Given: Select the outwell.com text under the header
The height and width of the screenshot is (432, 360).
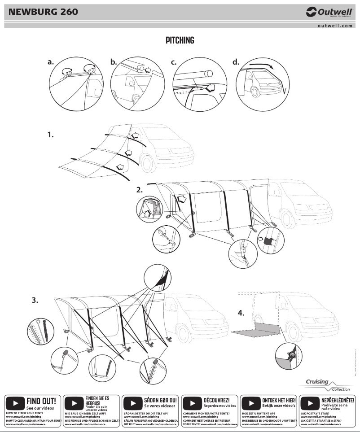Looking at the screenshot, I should pyautogui.click(x=335, y=26).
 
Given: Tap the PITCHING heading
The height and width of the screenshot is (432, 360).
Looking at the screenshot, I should pyautogui.click(x=180, y=40).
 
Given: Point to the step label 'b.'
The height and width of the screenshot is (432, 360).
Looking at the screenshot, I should pyautogui.click(x=114, y=62).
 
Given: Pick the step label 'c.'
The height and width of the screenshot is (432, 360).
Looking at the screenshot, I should pyautogui.click(x=174, y=62).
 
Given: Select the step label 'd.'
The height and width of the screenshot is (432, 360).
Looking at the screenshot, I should pyautogui.click(x=236, y=62).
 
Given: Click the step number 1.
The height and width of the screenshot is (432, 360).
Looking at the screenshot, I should pyautogui.click(x=51, y=134).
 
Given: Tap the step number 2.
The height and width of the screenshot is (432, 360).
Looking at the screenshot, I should pyautogui.click(x=140, y=190).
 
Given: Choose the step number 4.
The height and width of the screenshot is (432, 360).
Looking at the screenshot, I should pyautogui.click(x=241, y=313).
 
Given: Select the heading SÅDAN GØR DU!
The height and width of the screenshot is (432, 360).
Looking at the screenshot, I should pyautogui.click(x=161, y=399).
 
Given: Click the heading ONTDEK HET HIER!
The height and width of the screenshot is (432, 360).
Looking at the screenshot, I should pyautogui.click(x=279, y=400).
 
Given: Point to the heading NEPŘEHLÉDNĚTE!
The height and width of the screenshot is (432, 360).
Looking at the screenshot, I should pyautogui.click(x=338, y=400).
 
